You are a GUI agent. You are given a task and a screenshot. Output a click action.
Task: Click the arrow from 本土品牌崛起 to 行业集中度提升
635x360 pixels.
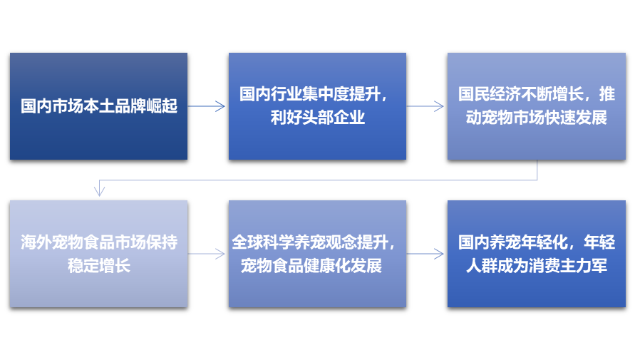coord(207,106)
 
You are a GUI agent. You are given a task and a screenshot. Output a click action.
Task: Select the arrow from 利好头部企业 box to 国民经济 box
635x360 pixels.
coord(426,106)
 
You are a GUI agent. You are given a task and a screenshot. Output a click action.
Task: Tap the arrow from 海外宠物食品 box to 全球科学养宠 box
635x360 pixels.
coord(207,254)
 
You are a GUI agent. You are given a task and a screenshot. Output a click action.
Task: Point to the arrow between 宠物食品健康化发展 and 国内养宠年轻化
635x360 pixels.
coord(426,254)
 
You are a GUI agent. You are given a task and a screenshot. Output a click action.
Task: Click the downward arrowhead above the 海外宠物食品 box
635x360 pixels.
coord(100,190)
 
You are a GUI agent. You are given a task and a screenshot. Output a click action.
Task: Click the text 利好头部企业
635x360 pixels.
coord(318,118)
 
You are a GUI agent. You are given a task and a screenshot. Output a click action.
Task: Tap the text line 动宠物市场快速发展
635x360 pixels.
coord(537,118)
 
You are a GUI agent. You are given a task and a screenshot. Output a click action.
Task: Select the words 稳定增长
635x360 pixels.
coord(99,266)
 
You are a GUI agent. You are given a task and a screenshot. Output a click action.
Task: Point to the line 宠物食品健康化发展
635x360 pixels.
coord(311,266)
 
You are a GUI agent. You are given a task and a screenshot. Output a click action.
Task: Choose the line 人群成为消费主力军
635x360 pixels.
coord(537,266)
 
